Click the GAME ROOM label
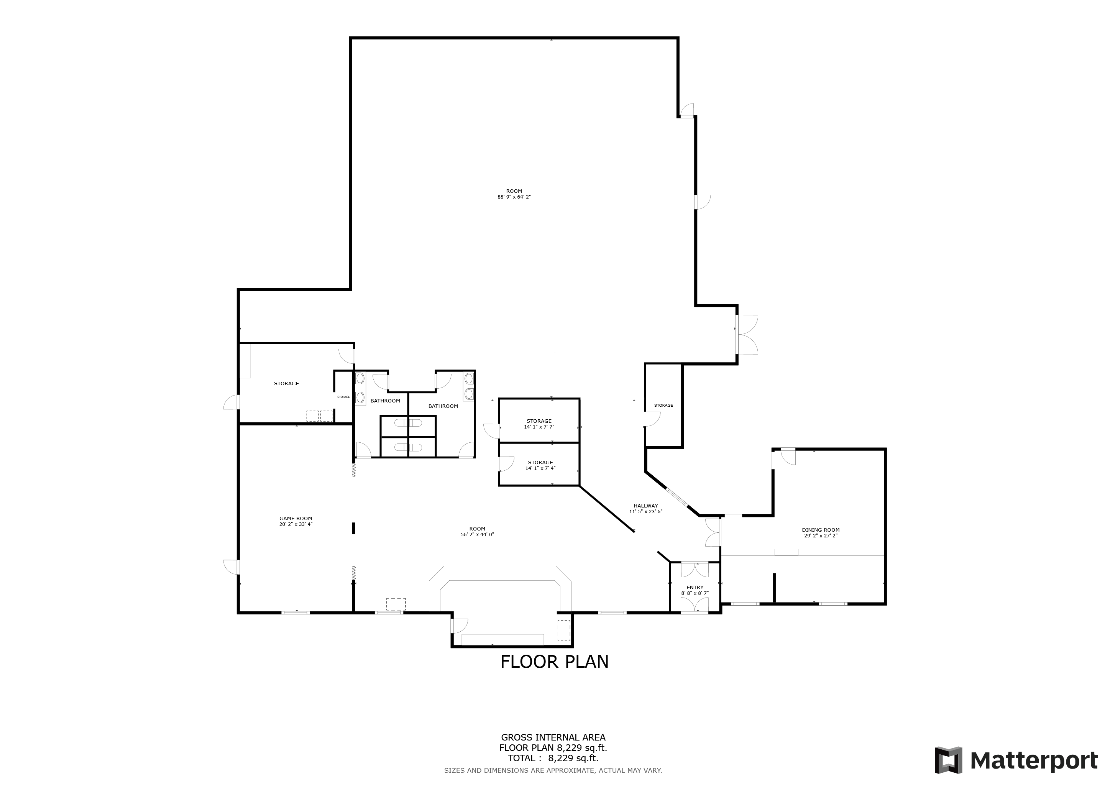[x=296, y=519]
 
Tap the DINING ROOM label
[x=820, y=530]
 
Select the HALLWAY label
[x=646, y=506]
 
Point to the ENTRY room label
[x=695, y=587]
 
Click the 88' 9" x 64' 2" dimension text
[x=514, y=197]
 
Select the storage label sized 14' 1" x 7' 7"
[x=539, y=421]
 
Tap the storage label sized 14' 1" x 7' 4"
[x=540, y=463]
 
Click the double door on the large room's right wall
[x=747, y=335]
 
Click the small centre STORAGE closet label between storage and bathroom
[x=344, y=397]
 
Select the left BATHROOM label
[x=385, y=401]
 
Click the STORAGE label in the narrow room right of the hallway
[x=663, y=405]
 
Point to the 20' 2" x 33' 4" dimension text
[x=296, y=524]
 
